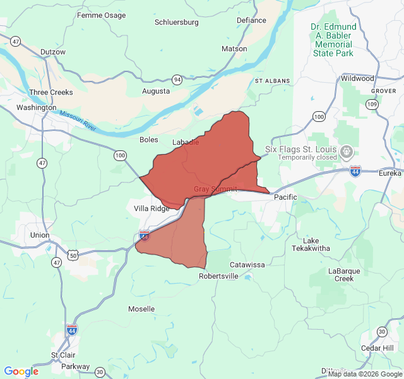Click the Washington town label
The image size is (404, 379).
(x=36, y=107)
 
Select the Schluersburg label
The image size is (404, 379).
(x=177, y=22)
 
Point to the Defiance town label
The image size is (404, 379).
(x=251, y=20)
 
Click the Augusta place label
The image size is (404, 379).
(x=156, y=91)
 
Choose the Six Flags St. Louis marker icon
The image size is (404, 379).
(x=346, y=152)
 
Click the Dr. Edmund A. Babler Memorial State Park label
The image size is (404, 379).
(x=334, y=40)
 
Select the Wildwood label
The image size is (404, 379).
(x=357, y=78)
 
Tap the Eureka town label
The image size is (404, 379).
(x=390, y=173)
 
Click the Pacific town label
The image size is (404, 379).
(x=285, y=198)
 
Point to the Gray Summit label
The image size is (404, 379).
(x=215, y=189)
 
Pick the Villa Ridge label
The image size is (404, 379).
(x=152, y=208)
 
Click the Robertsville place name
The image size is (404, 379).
(x=218, y=276)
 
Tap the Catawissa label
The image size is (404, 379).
(x=247, y=265)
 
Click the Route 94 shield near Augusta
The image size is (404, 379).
(x=177, y=80)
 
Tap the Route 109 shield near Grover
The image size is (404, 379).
(x=373, y=104)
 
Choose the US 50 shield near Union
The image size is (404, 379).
(x=74, y=255)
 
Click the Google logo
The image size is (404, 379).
(x=21, y=371)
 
